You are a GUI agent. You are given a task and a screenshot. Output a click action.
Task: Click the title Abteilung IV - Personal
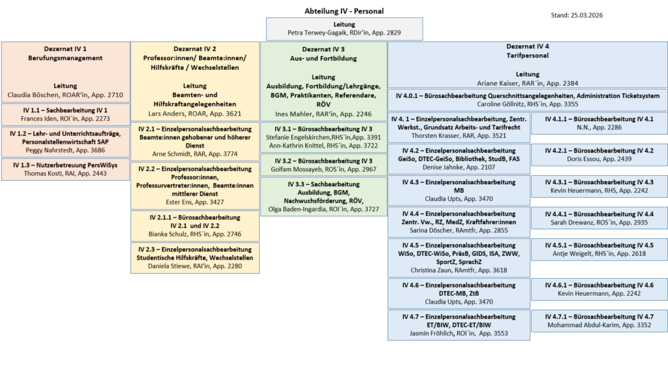[x=344, y=11]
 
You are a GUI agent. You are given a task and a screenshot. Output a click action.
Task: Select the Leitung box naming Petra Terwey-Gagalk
[x=344, y=28]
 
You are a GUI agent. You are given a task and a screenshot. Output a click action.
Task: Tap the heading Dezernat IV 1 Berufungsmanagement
[x=65, y=54]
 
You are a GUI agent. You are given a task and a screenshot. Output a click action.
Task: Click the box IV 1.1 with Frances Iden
[x=65, y=114]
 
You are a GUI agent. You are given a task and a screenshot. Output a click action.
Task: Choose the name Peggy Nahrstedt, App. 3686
[x=65, y=150]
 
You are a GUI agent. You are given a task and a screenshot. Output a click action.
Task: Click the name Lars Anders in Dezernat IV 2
[x=195, y=113]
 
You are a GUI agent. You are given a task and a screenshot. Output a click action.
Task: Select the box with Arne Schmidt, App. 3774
[x=195, y=141]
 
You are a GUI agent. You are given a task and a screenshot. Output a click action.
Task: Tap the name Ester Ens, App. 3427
[x=195, y=202]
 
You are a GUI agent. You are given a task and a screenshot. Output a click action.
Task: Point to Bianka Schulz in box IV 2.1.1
[x=195, y=233]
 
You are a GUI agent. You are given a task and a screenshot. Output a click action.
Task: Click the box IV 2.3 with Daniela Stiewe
[x=195, y=257]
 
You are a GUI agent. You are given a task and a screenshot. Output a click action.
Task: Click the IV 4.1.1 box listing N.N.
[x=599, y=123]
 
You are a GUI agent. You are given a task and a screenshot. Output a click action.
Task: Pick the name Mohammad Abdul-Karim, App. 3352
[x=599, y=325]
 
